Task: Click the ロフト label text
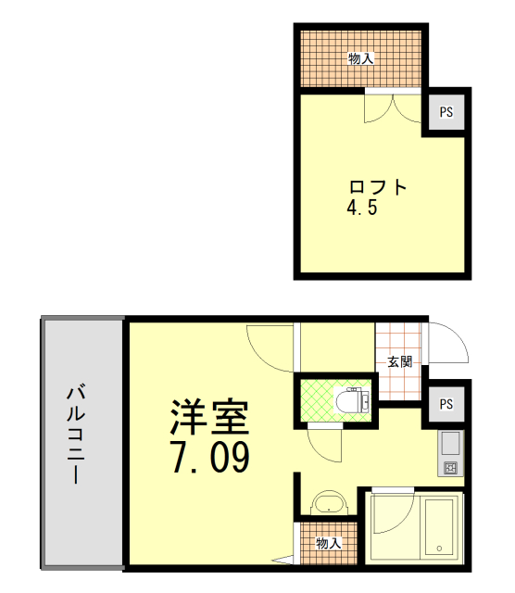[x=378, y=187]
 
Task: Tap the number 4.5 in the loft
[x=362, y=208]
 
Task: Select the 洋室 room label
[x=209, y=417]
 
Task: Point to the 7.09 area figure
[x=209, y=457]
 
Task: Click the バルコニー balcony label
[x=76, y=434]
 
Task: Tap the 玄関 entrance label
[x=399, y=362]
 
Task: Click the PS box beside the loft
[x=446, y=112]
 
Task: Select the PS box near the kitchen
[x=446, y=404]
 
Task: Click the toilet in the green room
[x=352, y=399]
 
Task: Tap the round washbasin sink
[x=329, y=503]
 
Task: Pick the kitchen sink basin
[x=450, y=444]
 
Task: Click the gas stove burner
[x=451, y=468]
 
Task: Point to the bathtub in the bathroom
[x=439, y=527]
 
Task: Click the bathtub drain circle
[x=439, y=549]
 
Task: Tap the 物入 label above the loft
[x=360, y=58]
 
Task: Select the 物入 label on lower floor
[x=328, y=544]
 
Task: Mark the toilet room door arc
[x=318, y=453]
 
